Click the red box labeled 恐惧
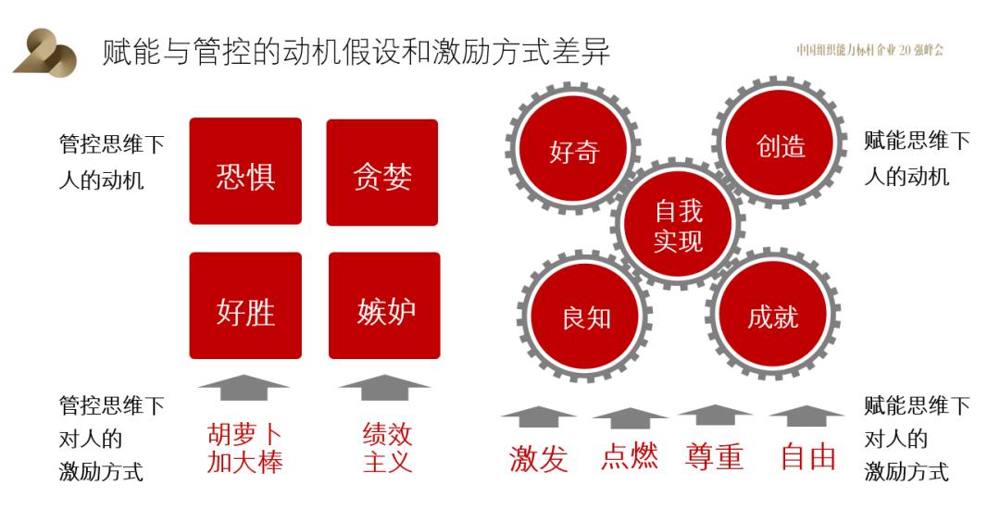tap(245, 170)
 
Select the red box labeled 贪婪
tap(382, 172)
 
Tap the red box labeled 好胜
tap(245, 305)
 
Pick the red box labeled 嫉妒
tap(384, 305)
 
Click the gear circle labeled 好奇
tap(573, 150)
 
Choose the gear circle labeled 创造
tap(781, 143)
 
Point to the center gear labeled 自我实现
tap(679, 224)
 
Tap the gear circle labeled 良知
tap(585, 317)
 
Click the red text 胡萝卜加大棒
tap(245, 449)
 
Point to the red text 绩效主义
tap(387, 449)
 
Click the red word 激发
tap(538, 459)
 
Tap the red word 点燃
tap(630, 457)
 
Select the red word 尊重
tap(714, 457)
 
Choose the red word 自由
tap(808, 457)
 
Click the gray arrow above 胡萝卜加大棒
tap(244, 388)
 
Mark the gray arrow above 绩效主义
tap(384, 388)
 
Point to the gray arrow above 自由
tap(806, 416)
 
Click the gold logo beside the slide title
tap(44, 52)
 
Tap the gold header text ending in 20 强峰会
tap(869, 50)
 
